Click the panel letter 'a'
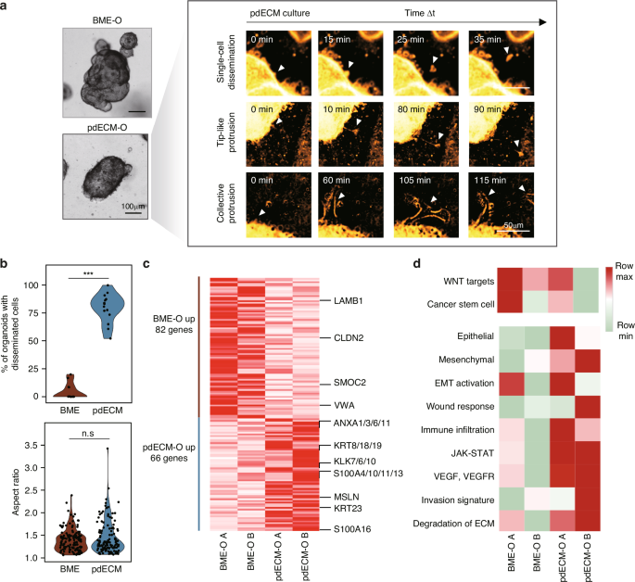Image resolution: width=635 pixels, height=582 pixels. coord(7,7)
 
